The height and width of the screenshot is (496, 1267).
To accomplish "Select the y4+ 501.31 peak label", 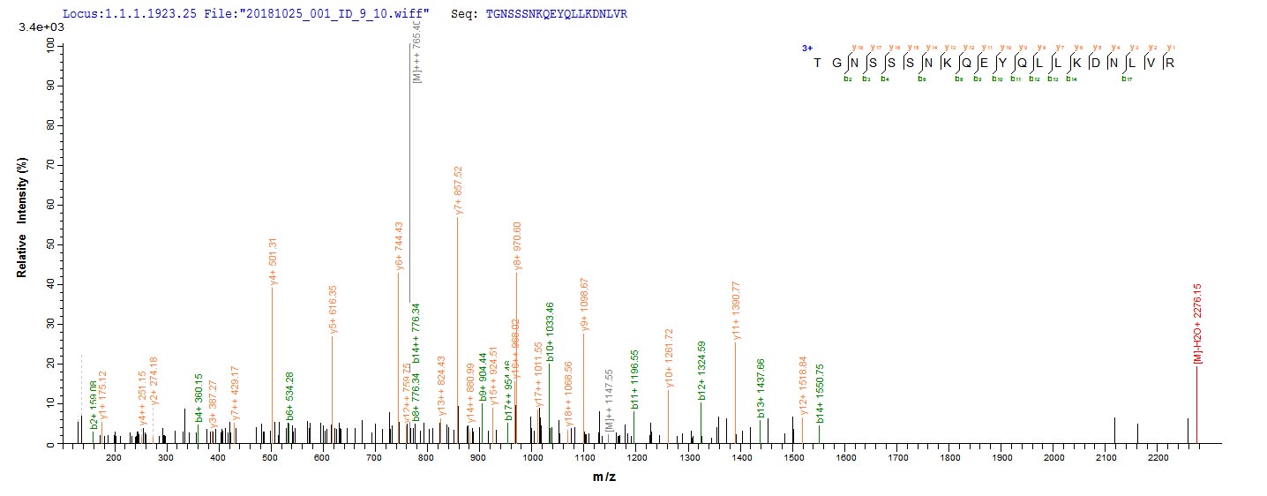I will click(x=273, y=261).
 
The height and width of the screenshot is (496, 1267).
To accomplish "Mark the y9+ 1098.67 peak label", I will click(x=584, y=304).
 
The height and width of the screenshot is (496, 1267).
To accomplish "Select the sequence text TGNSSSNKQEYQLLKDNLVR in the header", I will click(x=556, y=15).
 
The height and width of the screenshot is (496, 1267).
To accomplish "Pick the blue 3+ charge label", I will click(x=806, y=49).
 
